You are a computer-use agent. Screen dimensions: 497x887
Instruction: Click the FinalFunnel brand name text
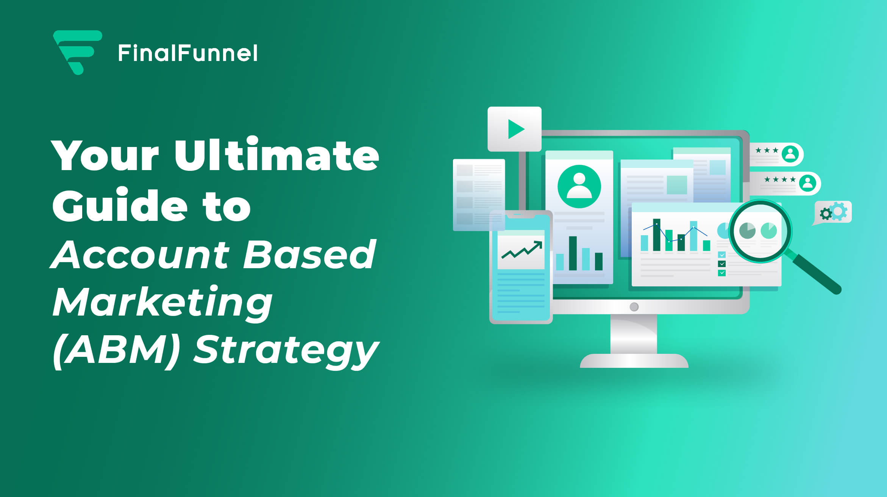pyautogui.click(x=188, y=53)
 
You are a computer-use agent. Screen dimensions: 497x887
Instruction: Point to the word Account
pyautogui.click(x=140, y=255)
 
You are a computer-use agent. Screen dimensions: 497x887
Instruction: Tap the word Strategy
pyautogui.click(x=286, y=350)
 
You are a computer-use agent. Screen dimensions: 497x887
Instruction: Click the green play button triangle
pyautogui.click(x=515, y=129)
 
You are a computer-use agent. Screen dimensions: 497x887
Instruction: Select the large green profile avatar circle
pyautogui.click(x=579, y=186)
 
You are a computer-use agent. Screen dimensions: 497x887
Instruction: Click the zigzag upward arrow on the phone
pyautogui.click(x=522, y=250)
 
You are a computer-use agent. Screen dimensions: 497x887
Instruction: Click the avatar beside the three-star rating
pyautogui.click(x=790, y=154)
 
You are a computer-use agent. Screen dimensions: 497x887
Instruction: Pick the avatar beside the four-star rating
pyautogui.click(x=807, y=183)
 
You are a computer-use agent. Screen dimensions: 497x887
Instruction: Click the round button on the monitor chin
pyautogui.click(x=634, y=307)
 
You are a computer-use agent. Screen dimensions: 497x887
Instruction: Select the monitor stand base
pyautogui.click(x=634, y=361)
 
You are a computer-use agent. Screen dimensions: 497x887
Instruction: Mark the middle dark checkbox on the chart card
pyautogui.click(x=722, y=264)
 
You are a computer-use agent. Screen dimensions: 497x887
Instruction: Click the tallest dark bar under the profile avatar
pyautogui.click(x=573, y=253)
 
